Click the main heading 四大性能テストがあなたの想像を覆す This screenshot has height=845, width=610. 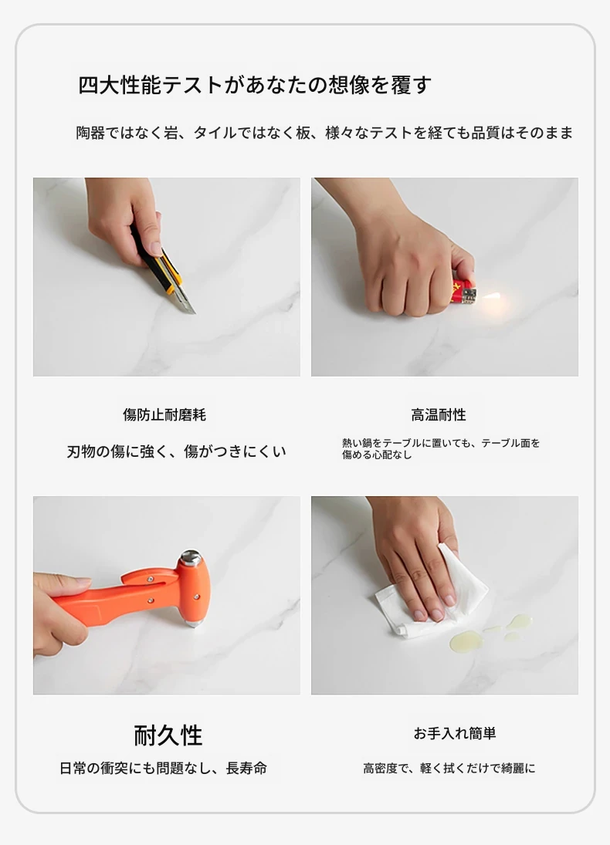coord(255,85)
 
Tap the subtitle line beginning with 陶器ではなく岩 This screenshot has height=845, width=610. coord(324,133)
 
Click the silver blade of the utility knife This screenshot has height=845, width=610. coord(185,303)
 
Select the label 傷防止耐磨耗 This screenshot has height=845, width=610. coord(164,414)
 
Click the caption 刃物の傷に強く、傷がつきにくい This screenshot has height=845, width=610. coord(176,451)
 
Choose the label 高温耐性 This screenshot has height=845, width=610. coord(439,414)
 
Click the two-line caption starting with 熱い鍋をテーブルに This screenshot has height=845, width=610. coord(441,448)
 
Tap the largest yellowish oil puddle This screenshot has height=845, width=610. coord(464,641)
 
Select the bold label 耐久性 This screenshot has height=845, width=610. coord(168,735)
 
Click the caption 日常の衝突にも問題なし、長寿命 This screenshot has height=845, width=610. coord(163,768)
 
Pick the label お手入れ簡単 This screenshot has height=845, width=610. coord(455,733)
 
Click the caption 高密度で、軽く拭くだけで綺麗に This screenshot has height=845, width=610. coord(449,768)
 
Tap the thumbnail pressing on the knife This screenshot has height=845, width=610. coord(155,248)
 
